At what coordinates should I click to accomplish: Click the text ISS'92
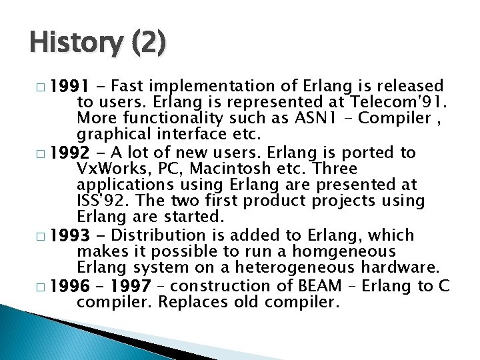[100, 201]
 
